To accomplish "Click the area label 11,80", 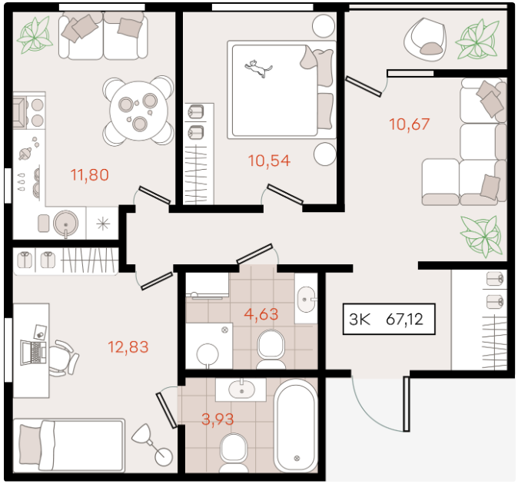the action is point(89,175).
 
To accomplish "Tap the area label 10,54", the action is point(269,161).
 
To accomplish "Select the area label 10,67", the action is point(410,124).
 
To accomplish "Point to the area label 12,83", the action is point(128,347).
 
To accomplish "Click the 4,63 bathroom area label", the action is point(261,314).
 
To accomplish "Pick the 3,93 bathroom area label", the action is point(217,419).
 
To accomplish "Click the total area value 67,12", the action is point(404,320).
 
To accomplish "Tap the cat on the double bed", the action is point(258,68).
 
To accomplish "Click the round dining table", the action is point(139,111).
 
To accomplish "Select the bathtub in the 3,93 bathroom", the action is point(296,426).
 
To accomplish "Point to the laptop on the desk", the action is point(33,353).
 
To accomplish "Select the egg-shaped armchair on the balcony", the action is point(425,40).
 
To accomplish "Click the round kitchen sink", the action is point(66,224).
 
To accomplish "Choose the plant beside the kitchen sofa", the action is point(35,35).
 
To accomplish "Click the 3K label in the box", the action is point(360,320).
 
